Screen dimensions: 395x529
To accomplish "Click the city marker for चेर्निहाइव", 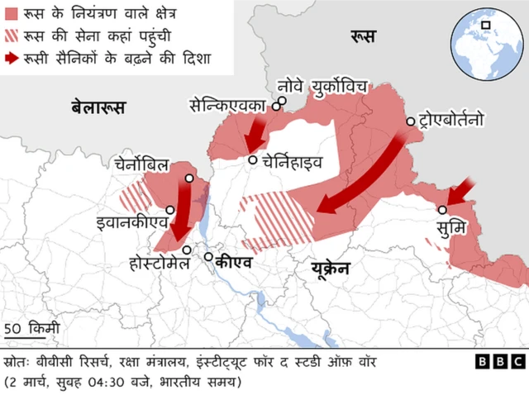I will (250, 160).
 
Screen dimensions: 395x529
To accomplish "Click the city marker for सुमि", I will (443, 210).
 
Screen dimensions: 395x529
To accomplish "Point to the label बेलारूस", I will (98, 106).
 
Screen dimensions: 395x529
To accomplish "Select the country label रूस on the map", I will (363, 36).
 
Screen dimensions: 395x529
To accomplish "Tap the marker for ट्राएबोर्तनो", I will (410, 121).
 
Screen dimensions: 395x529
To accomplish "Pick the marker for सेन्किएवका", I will (282, 102).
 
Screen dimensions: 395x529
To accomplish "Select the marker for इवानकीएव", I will (169, 210).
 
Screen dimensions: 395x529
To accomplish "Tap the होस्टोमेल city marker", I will (187, 250).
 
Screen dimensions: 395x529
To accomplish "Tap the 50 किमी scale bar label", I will (31, 328).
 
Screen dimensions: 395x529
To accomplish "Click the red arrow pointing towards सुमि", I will (460, 191).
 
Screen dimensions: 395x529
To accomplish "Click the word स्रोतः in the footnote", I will (17, 362).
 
